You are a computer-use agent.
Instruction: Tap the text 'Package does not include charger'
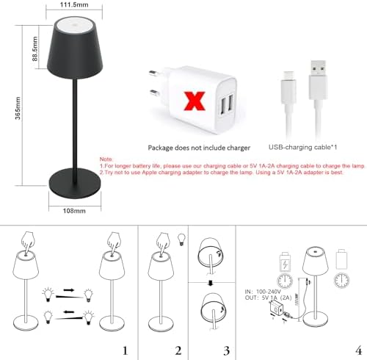coord(192,147)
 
